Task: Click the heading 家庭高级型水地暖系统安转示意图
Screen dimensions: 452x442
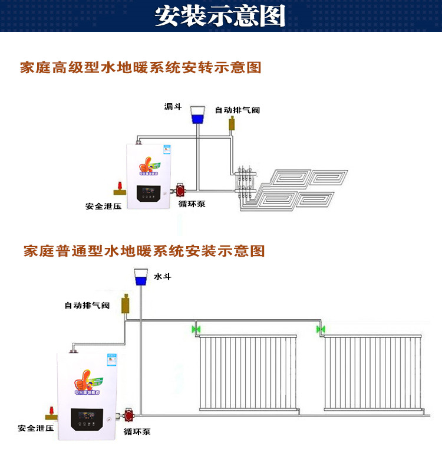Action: (x=140, y=67)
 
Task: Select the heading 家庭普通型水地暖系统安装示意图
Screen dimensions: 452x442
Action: (x=144, y=251)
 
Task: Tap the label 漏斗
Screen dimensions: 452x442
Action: (x=173, y=106)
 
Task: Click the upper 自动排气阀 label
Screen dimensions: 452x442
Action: (x=237, y=110)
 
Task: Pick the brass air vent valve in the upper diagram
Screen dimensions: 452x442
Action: (x=232, y=123)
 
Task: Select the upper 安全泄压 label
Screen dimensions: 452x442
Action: (x=103, y=207)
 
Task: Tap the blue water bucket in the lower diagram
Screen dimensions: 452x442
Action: (x=141, y=277)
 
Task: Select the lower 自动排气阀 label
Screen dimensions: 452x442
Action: (x=87, y=305)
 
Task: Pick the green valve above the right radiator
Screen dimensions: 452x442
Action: (x=321, y=329)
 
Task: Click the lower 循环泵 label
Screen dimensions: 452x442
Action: (x=137, y=431)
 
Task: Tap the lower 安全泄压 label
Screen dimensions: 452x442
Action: (x=34, y=428)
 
